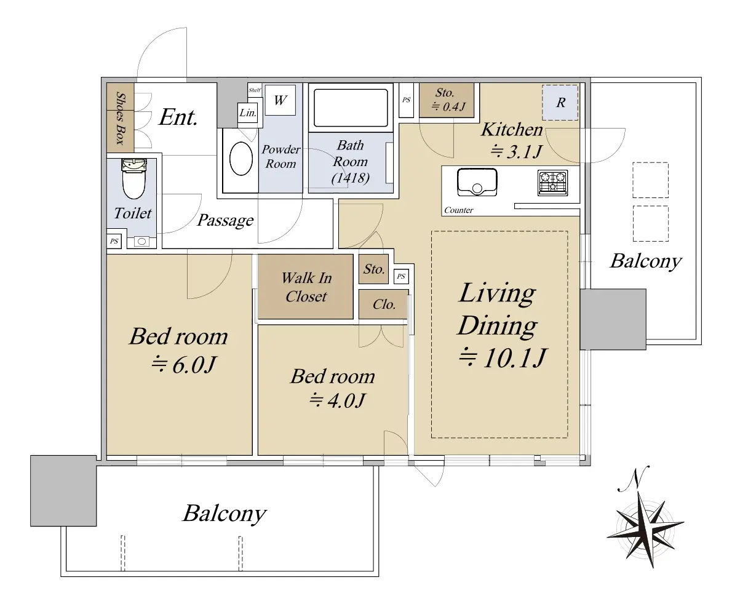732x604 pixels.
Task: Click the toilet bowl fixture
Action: tap(133, 179)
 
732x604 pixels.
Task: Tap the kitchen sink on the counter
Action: tap(477, 182)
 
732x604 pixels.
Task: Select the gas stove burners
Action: tap(553, 183)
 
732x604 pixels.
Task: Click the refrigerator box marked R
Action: tap(560, 102)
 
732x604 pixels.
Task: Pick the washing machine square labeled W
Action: tap(280, 100)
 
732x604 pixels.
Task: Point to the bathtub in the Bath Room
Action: tap(351, 108)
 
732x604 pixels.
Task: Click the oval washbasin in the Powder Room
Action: tap(241, 158)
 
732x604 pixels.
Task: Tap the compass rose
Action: tap(645, 525)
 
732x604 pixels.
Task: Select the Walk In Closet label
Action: tap(306, 287)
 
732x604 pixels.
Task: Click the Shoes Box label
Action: tap(121, 118)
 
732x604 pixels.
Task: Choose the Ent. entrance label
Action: tap(178, 117)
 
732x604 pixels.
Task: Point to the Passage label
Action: tap(226, 220)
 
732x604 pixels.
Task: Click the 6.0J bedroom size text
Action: tap(184, 365)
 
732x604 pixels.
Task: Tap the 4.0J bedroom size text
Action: tap(337, 400)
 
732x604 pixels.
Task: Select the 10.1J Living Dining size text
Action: tap(502, 358)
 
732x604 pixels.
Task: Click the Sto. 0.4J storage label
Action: tap(447, 100)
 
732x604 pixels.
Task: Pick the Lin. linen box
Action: tap(247, 113)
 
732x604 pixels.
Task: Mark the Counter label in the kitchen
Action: tap(458, 210)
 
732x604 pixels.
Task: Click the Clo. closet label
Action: tap(384, 304)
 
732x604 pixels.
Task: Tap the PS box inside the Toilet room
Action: tap(114, 241)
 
